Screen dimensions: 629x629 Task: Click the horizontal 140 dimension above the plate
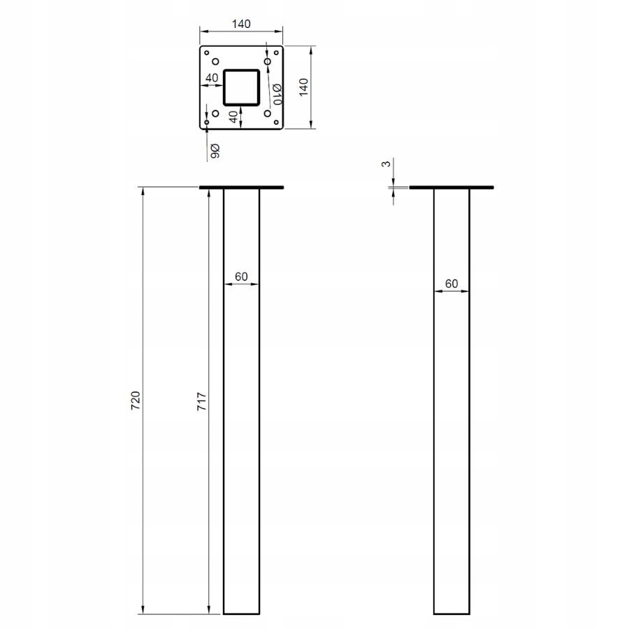click(x=241, y=24)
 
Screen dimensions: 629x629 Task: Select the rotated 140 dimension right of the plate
click(x=304, y=87)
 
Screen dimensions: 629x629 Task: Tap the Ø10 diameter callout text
click(x=277, y=94)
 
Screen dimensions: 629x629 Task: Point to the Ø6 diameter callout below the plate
click(x=215, y=151)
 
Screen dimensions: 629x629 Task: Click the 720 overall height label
click(x=136, y=400)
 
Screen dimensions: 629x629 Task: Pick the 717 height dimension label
click(x=202, y=401)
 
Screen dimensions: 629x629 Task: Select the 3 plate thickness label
click(x=386, y=164)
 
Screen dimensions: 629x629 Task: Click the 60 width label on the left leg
click(x=241, y=276)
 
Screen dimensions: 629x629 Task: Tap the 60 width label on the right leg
click(x=451, y=284)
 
